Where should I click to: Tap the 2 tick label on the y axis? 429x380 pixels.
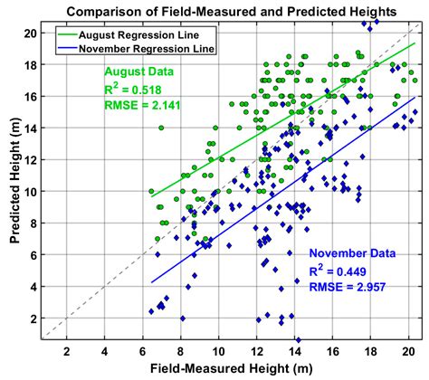tap(32, 318)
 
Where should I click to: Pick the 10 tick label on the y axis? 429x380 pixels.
tap(29, 191)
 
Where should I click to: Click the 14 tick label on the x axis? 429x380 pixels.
tap(295, 351)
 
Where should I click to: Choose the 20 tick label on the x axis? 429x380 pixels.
tap(409, 351)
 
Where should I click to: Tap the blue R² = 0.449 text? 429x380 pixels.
tap(342, 270)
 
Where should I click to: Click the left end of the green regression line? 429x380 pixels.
tap(151, 196)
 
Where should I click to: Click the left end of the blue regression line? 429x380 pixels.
tap(151, 282)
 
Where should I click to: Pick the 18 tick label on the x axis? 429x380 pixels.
tap(371, 351)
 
